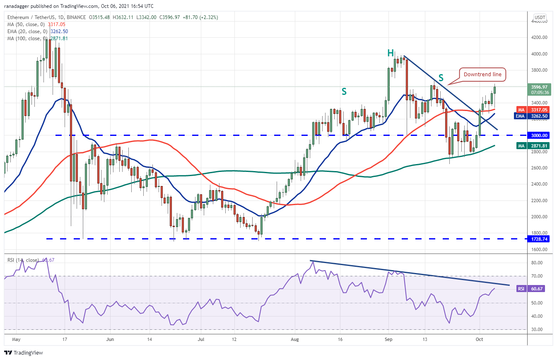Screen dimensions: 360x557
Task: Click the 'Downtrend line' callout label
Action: [482, 75]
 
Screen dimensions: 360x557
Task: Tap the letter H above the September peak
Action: [390, 53]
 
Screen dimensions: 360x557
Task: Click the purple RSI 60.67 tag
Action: [537, 288]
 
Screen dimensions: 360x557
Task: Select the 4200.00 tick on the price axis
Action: [540, 37]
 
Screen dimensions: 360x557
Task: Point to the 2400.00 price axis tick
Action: [540, 184]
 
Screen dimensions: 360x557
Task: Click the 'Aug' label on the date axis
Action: [295, 338]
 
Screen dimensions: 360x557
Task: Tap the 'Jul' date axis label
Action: [200, 338]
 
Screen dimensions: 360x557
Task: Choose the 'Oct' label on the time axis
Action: [479, 338]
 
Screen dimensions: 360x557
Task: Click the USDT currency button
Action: [540, 17]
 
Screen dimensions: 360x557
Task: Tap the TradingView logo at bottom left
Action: [24, 353]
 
